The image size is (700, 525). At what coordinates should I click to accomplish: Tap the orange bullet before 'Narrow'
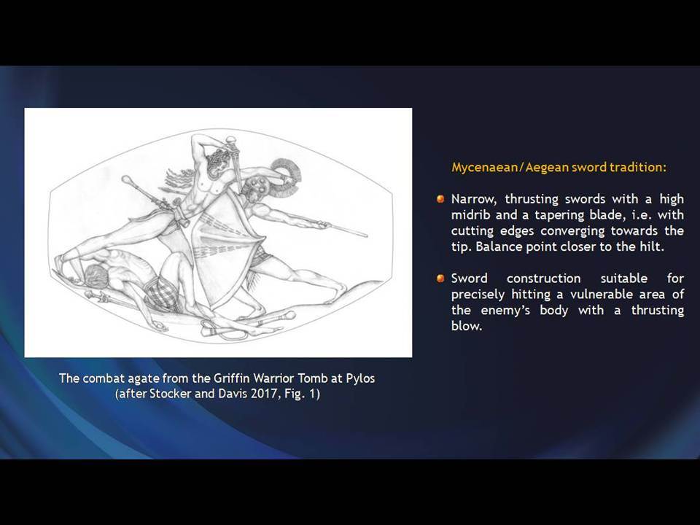tap(440, 198)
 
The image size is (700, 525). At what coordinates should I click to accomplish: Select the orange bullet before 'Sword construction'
tap(440, 279)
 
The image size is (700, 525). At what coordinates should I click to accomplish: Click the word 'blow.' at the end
tap(467, 326)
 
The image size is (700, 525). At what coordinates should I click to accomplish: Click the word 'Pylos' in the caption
tap(360, 378)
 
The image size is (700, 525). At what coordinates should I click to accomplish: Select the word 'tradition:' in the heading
tap(638, 168)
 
